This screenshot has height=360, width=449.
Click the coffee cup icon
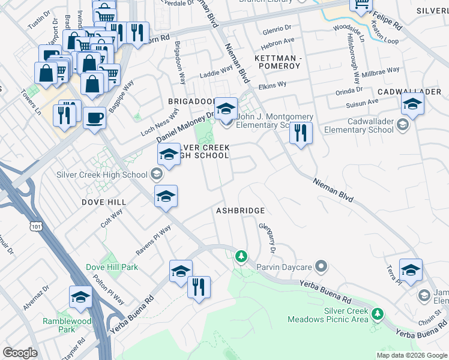pos(94,118)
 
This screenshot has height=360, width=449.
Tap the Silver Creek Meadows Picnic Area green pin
pos(377,314)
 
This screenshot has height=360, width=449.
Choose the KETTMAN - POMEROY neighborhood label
pos(276,61)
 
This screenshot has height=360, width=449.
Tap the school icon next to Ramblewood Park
pos(80,298)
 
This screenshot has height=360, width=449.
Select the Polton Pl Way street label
pos(108,290)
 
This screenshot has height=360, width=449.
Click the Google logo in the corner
pos(20,353)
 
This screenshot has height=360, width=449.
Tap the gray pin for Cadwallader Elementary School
pos(403,125)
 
